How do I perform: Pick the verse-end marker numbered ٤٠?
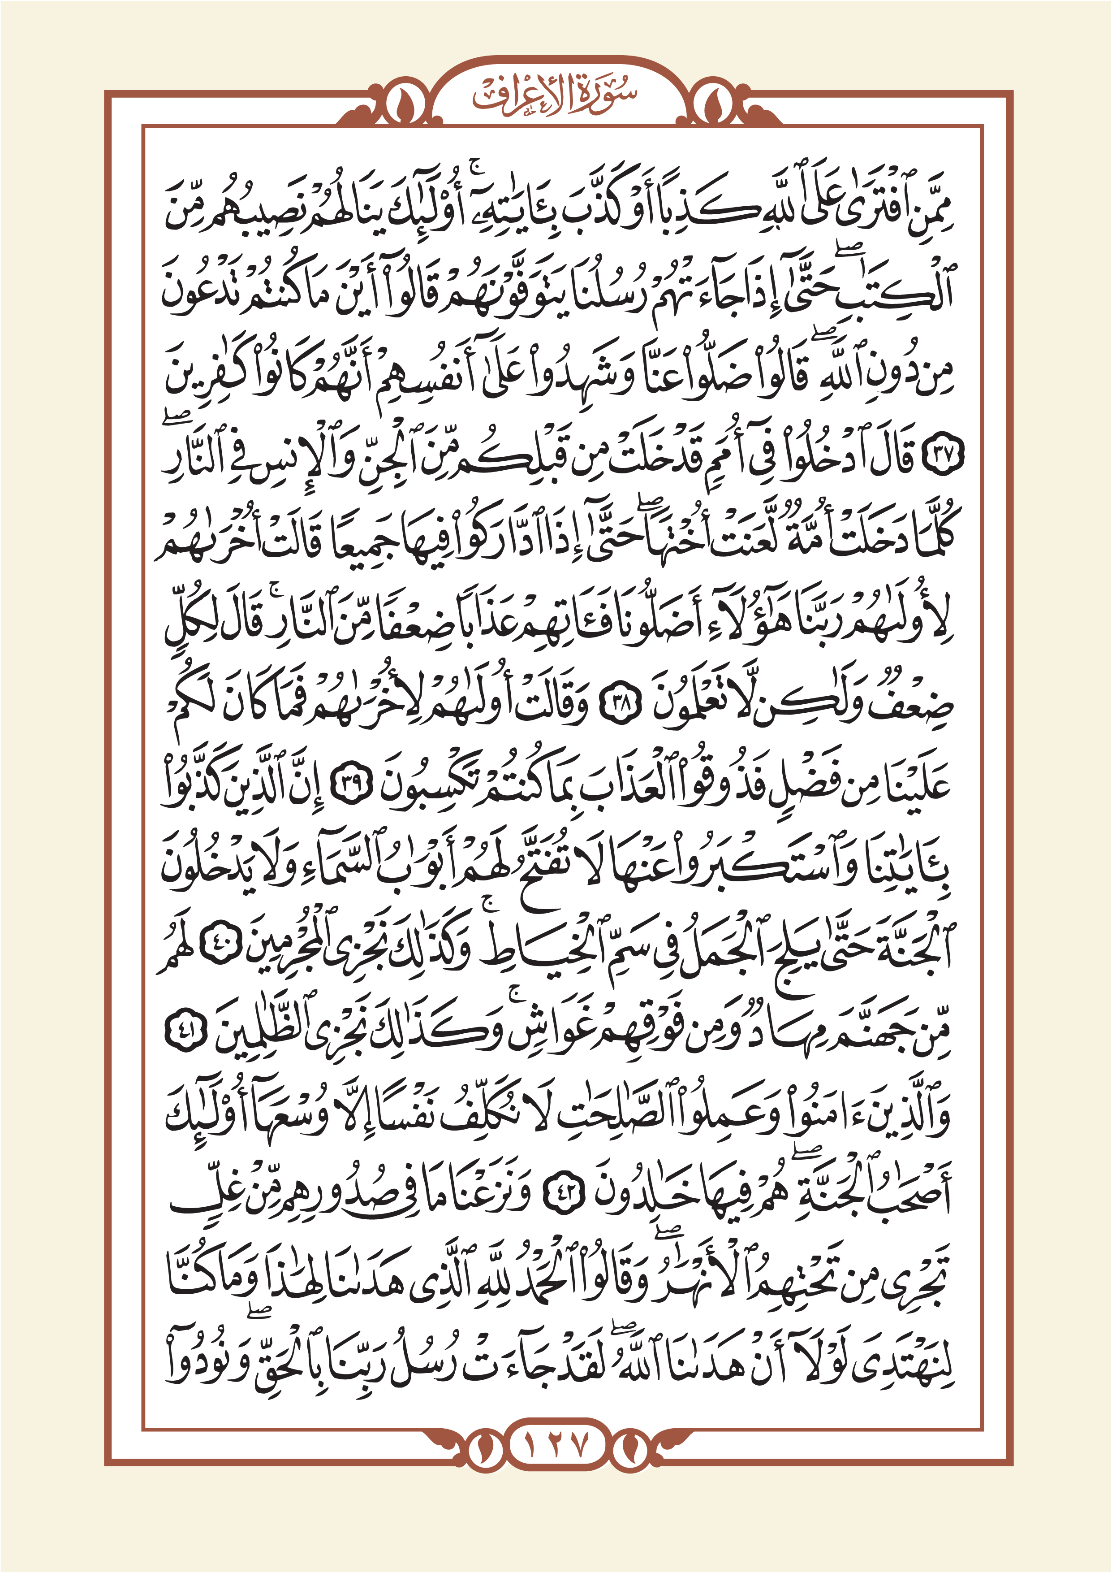pyautogui.click(x=223, y=952)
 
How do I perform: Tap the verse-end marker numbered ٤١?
pyautogui.click(x=187, y=1035)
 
